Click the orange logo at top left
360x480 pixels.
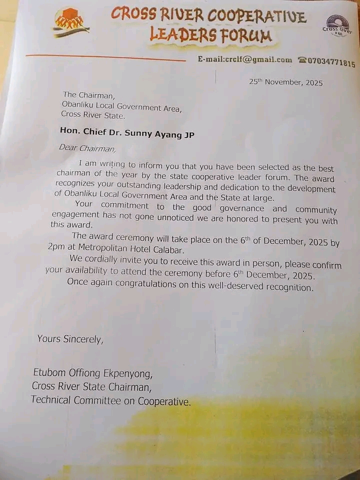pyautogui.click(x=70, y=22)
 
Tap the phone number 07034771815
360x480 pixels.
pyautogui.click(x=331, y=62)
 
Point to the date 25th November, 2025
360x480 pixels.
pyautogui.click(x=285, y=82)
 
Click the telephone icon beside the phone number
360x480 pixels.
pyautogui.click(x=302, y=60)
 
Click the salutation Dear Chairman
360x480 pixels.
pyautogui.click(x=87, y=147)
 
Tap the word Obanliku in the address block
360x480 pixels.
pyautogui.click(x=77, y=105)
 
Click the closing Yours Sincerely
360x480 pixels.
pyautogui.click(x=70, y=339)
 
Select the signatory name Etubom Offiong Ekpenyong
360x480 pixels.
pyautogui.click(x=92, y=373)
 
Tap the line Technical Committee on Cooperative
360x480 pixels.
pyautogui.click(x=110, y=400)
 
